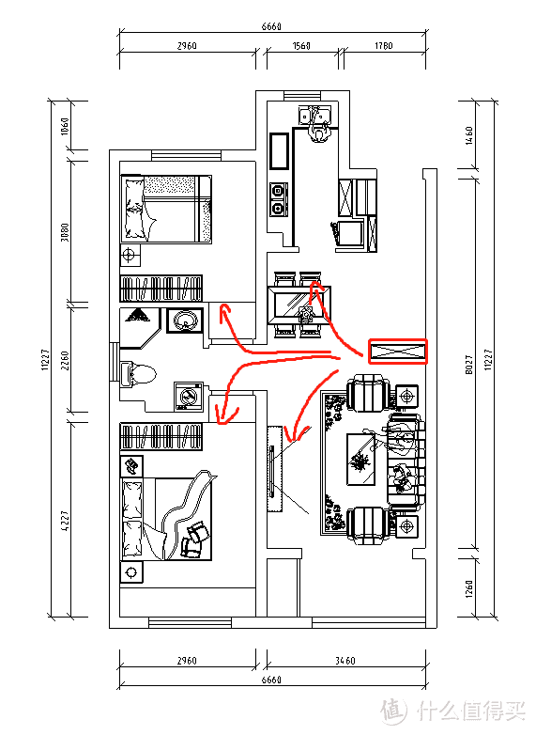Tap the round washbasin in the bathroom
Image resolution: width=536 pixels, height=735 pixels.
click(185, 321)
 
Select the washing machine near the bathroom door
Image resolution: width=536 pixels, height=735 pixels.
click(189, 396)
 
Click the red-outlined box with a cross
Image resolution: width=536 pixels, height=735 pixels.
click(398, 352)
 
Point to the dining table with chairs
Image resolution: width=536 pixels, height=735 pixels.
click(299, 305)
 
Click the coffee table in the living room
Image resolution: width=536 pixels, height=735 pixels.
click(360, 459)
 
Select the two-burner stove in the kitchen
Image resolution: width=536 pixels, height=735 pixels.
click(279, 199)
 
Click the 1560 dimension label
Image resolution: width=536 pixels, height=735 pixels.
click(301, 46)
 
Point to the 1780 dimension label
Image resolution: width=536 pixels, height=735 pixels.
click(383, 46)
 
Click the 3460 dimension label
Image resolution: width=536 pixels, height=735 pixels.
click(345, 661)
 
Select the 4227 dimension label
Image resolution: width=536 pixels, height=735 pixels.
click(65, 521)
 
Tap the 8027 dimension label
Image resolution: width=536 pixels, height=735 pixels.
click(469, 365)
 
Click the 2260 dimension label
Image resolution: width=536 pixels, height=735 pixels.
click(65, 361)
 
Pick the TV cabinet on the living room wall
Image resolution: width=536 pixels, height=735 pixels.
click(275, 469)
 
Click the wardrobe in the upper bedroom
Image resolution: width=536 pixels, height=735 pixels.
click(161, 289)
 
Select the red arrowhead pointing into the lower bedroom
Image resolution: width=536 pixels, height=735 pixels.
click(225, 415)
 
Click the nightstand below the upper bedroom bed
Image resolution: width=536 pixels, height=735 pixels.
click(130, 256)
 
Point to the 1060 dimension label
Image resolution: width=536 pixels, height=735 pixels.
click(65, 126)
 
